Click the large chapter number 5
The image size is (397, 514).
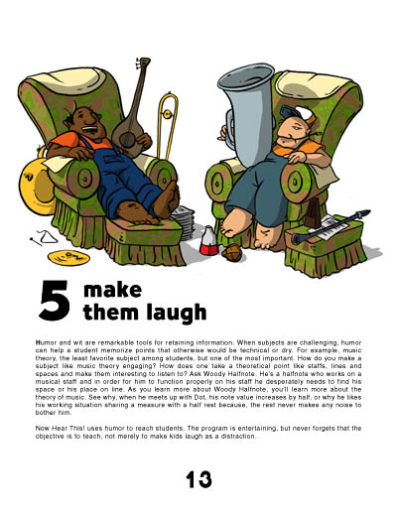55,301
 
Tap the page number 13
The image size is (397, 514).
198,479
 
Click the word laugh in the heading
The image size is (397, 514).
176,313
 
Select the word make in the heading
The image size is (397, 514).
113,290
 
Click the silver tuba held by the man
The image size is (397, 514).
247,112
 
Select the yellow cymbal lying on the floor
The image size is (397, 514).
68,257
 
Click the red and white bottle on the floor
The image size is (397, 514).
208,240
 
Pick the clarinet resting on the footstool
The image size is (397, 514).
331,226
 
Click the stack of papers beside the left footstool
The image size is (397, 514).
186,222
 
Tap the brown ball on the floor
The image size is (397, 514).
232,253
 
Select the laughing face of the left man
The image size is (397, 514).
86,122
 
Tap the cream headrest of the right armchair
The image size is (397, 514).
313,84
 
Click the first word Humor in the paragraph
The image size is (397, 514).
43,342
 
